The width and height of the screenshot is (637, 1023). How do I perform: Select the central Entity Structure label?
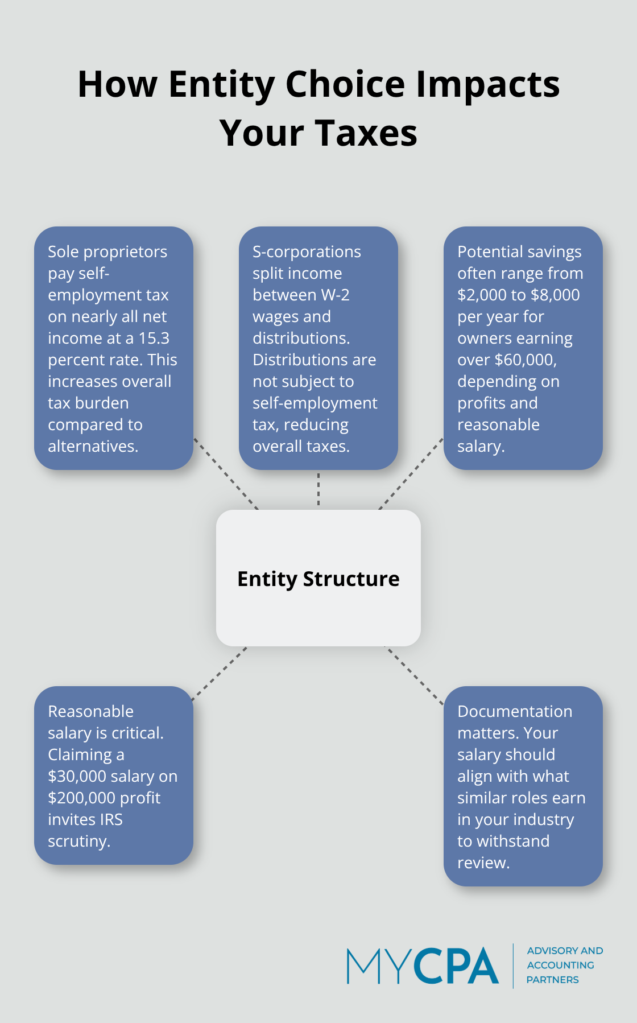coord(318,579)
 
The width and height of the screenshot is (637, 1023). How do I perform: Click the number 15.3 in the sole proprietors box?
coord(154,338)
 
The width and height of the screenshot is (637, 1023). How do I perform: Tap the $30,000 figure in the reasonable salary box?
coord(77,776)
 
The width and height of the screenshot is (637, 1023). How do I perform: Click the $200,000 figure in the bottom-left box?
coord(84,798)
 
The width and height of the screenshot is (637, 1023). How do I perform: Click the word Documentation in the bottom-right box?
coord(515,711)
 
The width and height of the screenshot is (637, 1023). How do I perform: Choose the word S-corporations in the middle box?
coord(307,251)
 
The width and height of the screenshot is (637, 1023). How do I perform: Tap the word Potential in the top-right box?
coord(490,251)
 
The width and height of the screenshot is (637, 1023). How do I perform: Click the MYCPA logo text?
coord(423,966)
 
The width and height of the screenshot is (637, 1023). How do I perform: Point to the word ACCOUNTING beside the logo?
coord(560,965)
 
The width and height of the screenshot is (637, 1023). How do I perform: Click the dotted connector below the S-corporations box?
coord(318,489)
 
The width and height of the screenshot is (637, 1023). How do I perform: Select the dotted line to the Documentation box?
coord(415,676)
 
